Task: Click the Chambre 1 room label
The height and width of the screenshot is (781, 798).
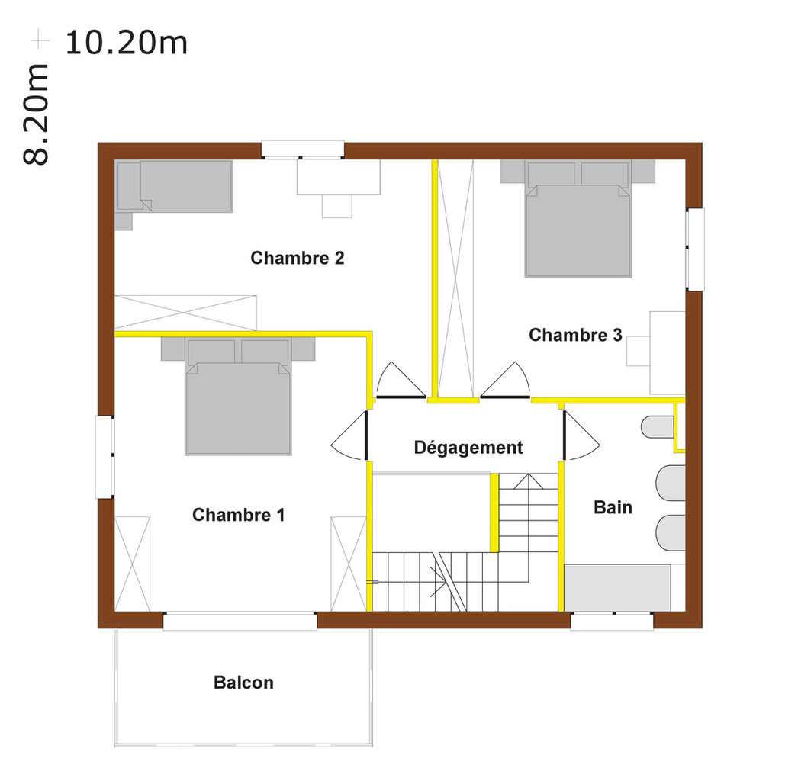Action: coord(238,515)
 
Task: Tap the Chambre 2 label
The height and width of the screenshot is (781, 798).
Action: coord(298,258)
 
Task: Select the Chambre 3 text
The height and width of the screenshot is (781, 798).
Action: coord(575,335)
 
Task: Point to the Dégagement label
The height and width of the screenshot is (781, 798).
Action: coord(468,448)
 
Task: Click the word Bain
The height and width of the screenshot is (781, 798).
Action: coord(613,507)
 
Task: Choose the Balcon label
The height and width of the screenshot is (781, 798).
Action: coord(243,683)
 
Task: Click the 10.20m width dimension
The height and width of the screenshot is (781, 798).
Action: coord(127,43)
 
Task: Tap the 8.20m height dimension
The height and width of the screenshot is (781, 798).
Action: coord(36,114)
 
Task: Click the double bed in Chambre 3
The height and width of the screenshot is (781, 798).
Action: coord(578,220)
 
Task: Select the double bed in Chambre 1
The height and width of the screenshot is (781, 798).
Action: coord(238,397)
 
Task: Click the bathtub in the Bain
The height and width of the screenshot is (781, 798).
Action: coord(617,588)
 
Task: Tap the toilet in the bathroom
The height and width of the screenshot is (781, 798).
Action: coord(658,427)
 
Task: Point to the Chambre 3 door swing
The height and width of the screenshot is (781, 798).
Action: coord(506,380)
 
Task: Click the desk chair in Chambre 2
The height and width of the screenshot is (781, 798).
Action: coord(337,206)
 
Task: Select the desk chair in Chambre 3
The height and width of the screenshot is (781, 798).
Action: coord(639,351)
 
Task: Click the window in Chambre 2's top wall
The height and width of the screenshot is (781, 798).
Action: coord(303,149)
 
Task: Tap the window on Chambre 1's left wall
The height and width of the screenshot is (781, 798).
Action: coord(105,457)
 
